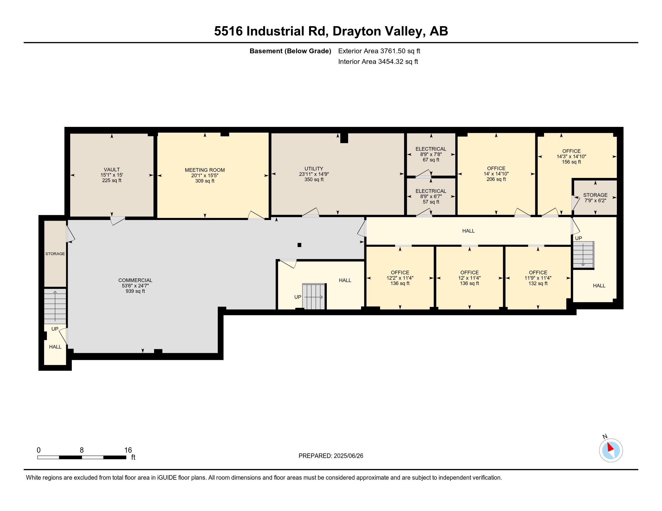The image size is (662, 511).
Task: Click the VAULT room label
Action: (112, 170)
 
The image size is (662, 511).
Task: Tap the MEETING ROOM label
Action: (205, 170)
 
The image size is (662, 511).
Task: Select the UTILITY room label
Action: (314, 169)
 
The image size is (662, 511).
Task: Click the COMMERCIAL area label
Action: (135, 280)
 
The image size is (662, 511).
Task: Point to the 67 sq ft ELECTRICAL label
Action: (431, 149)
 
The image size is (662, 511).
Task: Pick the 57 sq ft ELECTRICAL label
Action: (431, 191)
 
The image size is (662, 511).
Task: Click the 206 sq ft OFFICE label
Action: (496, 168)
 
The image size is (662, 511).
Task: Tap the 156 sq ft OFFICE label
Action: (571, 151)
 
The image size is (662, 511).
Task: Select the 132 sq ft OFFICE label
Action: (538, 272)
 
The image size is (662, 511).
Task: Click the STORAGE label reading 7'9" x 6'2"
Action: (595, 195)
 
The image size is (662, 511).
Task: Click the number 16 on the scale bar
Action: (128, 450)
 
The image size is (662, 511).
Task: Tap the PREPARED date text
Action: (331, 456)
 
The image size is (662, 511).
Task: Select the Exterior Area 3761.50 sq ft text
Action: (379, 51)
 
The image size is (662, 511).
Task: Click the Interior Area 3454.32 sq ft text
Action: (378, 61)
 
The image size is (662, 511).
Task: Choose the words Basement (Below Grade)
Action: (290, 51)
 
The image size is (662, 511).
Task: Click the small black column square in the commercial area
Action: (299, 245)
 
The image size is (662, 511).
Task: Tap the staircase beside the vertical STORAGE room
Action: (55, 306)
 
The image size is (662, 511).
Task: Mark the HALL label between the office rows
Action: (468, 231)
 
